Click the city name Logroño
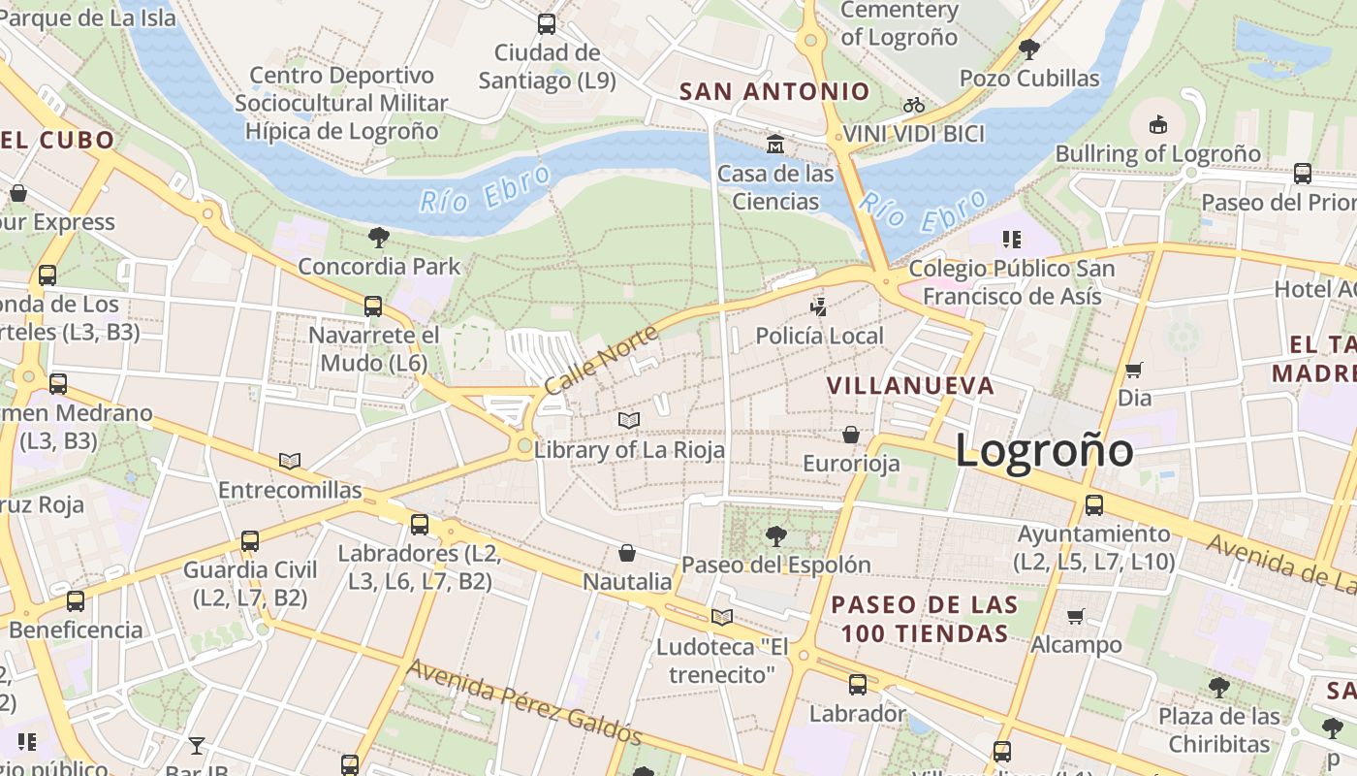tap(1044, 452)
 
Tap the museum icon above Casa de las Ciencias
tap(775, 145)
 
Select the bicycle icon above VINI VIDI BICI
tap(913, 105)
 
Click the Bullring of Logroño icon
tap(1157, 124)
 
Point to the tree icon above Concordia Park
tap(379, 237)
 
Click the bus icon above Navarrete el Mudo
tap(373, 307)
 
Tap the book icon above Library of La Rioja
tap(629, 420)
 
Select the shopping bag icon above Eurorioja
tap(851, 434)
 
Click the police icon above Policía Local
tap(819, 307)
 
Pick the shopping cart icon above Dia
tap(1133, 370)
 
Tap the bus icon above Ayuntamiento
tap(1094, 505)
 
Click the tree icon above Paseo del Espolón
tap(775, 535)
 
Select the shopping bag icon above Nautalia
tap(627, 553)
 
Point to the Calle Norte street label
tap(600, 360)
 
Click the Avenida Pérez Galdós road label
tap(524, 702)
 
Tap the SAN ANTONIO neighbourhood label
tap(774, 92)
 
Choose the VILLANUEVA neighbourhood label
tap(910, 386)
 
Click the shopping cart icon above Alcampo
tap(1075, 616)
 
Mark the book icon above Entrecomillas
tap(290, 461)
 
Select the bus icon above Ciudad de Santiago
tap(547, 24)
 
